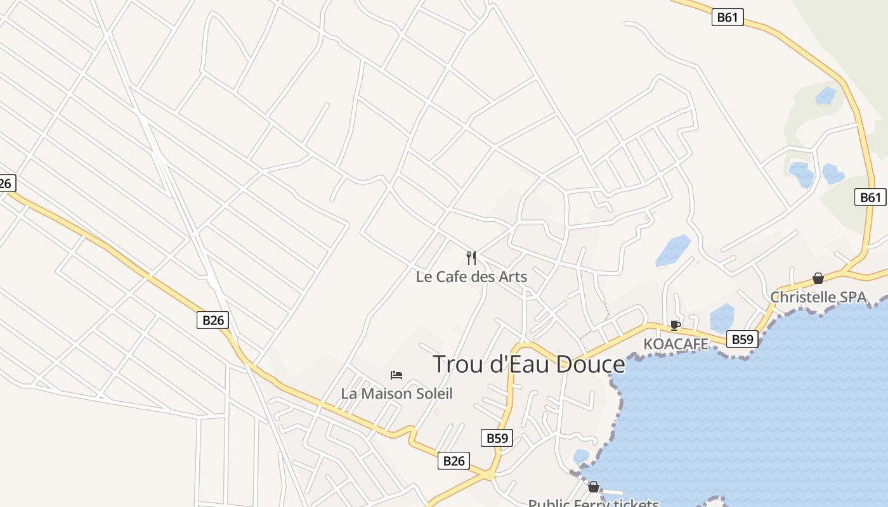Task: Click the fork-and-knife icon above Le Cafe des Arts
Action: [x=471, y=257]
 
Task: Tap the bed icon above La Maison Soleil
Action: [x=396, y=375]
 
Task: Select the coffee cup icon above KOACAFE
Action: [x=676, y=325]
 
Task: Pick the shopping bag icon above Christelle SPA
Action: [x=818, y=278]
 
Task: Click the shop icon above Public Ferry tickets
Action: [x=593, y=487]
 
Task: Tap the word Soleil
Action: [x=431, y=394]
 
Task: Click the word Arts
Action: [x=513, y=277]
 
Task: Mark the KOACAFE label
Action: [x=676, y=344]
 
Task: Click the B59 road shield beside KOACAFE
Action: [x=742, y=339]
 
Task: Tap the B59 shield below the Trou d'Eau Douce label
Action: [x=497, y=438]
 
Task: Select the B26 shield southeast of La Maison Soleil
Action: [x=454, y=461]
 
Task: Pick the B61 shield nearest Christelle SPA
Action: [x=870, y=197]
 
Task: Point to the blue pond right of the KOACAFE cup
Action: [x=722, y=318]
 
